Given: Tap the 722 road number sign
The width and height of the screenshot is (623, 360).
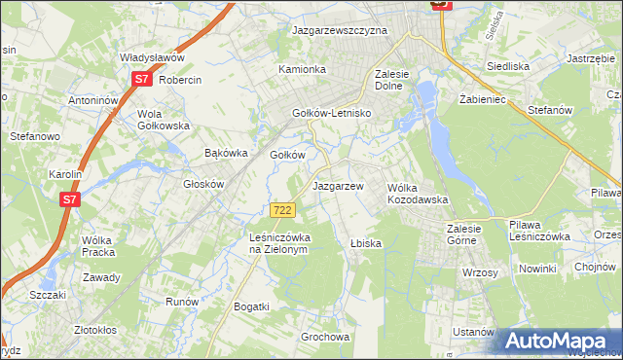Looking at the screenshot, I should pos(282,210).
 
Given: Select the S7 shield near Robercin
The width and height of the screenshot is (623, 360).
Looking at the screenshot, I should pos(142,80).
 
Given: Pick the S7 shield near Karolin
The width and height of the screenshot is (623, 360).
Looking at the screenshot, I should pos(69,199).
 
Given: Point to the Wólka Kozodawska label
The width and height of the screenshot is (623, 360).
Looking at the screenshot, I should pos(417,193).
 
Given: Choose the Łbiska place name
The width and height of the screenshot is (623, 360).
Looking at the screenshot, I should pos(364,243).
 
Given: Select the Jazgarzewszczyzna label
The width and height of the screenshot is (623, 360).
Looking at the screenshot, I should pos(341,30).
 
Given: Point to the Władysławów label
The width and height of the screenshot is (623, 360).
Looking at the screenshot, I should pos(151,57).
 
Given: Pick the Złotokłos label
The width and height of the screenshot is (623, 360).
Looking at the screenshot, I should pos(100,330).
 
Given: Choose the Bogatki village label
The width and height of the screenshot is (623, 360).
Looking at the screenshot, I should pos(251,306).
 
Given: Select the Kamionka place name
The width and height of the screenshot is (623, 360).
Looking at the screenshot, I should pos(302,70).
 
